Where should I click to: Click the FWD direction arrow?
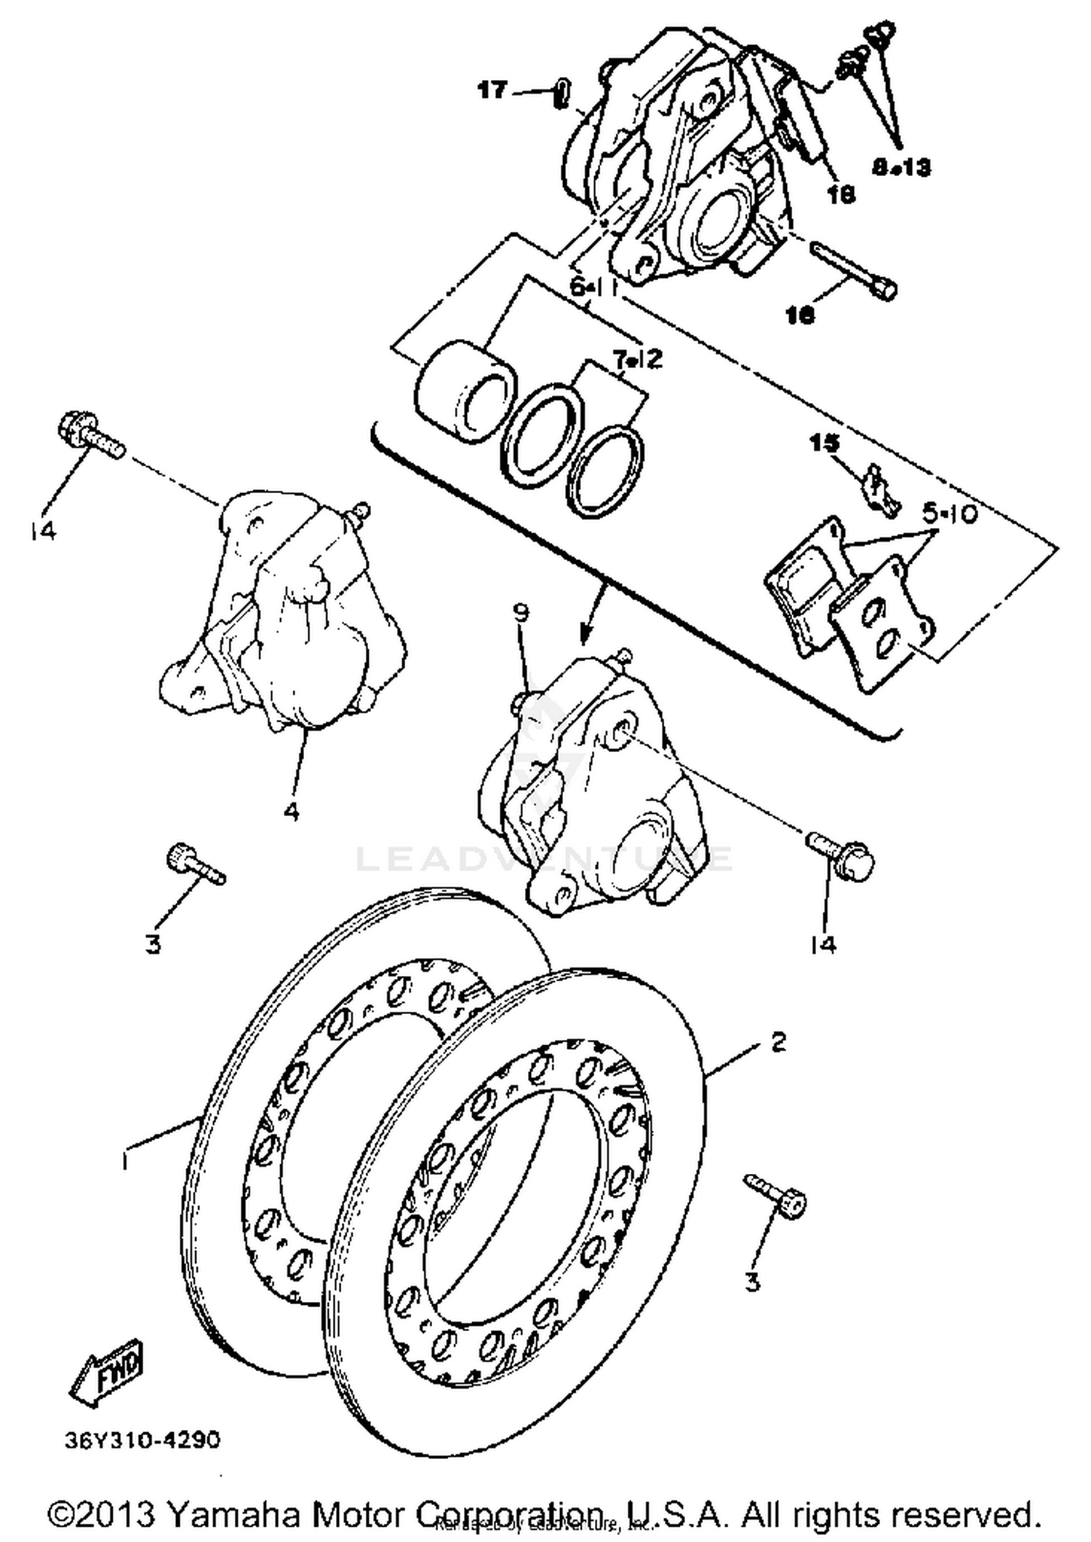pos(108,1372)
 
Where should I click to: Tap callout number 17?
pos(492,91)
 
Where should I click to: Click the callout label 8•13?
pos(900,168)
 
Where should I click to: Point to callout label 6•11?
pos(593,287)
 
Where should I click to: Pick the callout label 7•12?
pos(637,359)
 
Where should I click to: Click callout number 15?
pos(824,443)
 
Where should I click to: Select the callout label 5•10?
pos(950,515)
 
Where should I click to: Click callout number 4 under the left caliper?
pos(291,812)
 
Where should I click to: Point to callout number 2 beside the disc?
pos(778,1042)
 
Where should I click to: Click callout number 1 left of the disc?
pos(127,1162)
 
